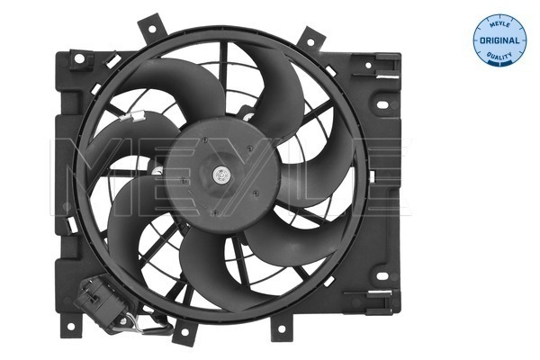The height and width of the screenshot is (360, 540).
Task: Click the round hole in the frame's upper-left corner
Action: [79, 59]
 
